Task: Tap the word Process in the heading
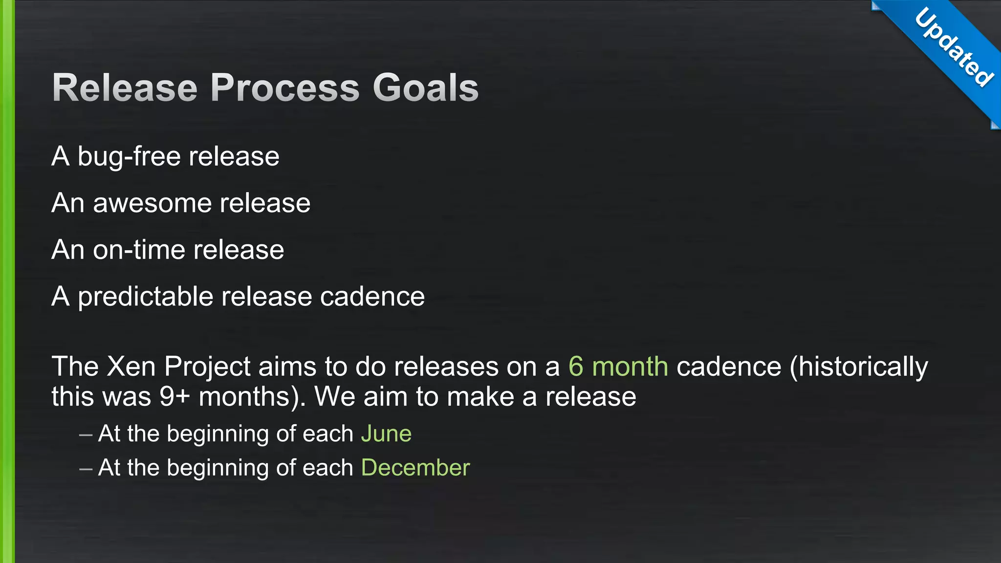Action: pyautogui.click(x=285, y=88)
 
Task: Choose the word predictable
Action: pyautogui.click(x=146, y=297)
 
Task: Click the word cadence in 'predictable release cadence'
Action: pyautogui.click(x=372, y=297)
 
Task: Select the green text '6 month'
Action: pyautogui.click(x=618, y=367)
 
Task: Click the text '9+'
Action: pyautogui.click(x=174, y=397)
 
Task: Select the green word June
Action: pyautogui.click(x=386, y=434)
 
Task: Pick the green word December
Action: pyautogui.click(x=415, y=468)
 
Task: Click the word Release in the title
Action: pyautogui.click(x=125, y=88)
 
